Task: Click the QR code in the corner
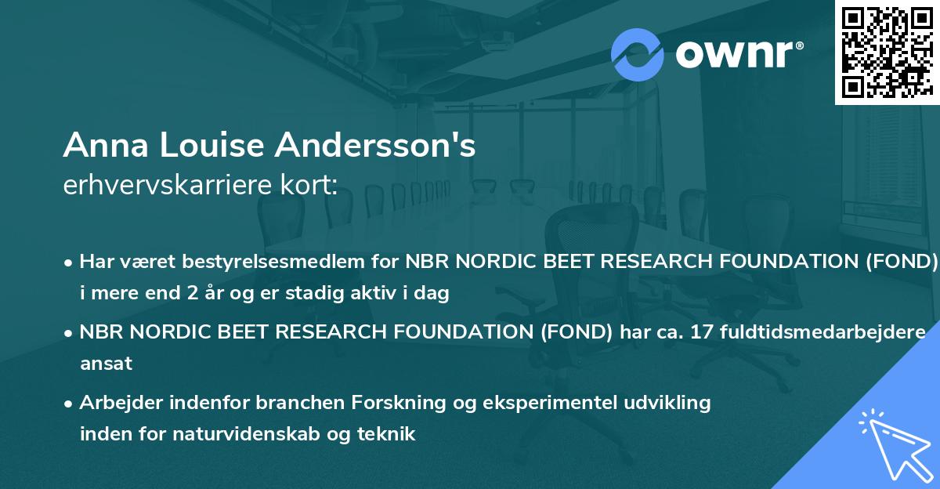[x=887, y=52]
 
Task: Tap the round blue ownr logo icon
[x=637, y=55]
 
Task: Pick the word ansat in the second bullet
[x=106, y=364]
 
